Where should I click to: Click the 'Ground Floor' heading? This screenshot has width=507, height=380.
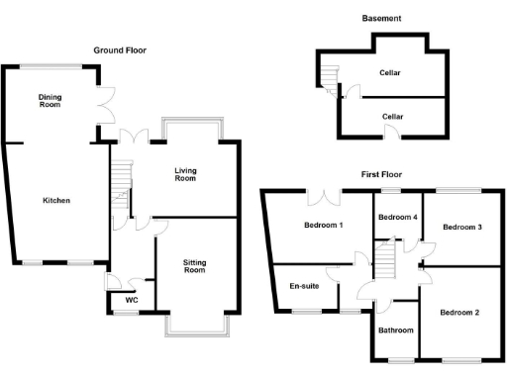tap(120, 49)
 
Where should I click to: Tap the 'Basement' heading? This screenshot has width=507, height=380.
tap(381, 19)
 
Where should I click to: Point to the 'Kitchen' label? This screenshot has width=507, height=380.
tap(55, 200)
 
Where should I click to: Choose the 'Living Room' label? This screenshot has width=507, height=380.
tap(185, 174)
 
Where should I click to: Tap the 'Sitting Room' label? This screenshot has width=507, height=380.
tap(194, 265)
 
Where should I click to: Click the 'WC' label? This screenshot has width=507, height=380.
tap(130, 300)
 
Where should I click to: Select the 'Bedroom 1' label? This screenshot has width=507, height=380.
tap(322, 225)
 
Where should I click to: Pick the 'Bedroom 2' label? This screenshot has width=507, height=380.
tap(459, 313)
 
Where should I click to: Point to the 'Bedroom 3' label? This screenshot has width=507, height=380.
tap(461, 227)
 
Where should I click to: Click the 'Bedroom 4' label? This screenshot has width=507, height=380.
tap(397, 217)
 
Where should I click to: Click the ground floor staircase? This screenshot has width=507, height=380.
tap(119, 184)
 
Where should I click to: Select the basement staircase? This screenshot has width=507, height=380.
tap(330, 77)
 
